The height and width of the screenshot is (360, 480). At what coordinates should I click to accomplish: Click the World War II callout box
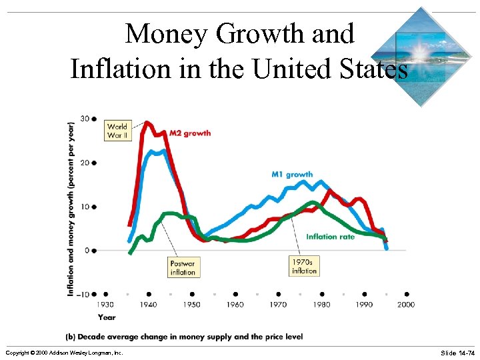coord(117,131)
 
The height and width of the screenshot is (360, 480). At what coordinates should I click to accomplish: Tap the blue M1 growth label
coord(292,175)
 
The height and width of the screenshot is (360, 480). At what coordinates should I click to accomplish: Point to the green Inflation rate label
coord(331,237)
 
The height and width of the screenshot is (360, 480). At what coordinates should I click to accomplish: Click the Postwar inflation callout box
coord(183,268)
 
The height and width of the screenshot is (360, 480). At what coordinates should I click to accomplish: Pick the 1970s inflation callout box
coord(304,267)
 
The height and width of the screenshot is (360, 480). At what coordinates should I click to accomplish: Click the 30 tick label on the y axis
coord(85,119)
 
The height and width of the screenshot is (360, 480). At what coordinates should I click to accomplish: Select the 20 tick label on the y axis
coord(85,163)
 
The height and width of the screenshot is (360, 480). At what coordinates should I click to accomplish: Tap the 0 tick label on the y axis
coord(87,251)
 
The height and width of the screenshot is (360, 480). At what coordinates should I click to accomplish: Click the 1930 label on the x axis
coord(106,305)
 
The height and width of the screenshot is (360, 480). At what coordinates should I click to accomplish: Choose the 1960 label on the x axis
coord(235,305)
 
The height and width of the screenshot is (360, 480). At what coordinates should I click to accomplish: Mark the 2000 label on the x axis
coord(406,305)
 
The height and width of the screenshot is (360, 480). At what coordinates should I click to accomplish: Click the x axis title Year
coord(107,317)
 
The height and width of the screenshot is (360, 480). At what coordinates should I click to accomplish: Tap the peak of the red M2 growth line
coord(147,123)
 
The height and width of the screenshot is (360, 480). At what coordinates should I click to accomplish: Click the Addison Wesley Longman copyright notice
coord(64,352)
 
